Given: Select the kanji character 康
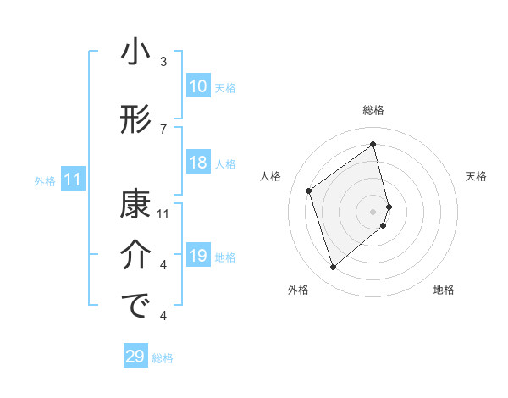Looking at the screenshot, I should point(135,206).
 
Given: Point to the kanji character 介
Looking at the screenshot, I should point(135,256).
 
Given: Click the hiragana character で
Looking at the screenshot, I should point(135,307).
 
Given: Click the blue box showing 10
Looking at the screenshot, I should point(198,86).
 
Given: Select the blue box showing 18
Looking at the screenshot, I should point(198,163).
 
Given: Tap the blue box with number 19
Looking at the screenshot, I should point(198,256).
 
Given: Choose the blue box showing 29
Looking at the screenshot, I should point(135,357).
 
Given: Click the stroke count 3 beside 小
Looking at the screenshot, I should point(163,62).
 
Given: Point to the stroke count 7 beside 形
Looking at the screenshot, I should point(163,129).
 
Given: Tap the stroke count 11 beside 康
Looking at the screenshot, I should point(163,214).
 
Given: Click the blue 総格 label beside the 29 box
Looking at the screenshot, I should point(163,358).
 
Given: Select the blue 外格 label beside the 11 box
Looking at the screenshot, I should point(45,180).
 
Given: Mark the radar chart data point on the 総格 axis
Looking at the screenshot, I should point(373,144).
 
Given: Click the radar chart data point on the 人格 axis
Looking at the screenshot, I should point(309,191).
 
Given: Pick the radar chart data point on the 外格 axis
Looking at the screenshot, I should point(334,268).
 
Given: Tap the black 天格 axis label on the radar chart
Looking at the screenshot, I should point(477,176).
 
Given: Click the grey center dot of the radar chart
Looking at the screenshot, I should point(373,211).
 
